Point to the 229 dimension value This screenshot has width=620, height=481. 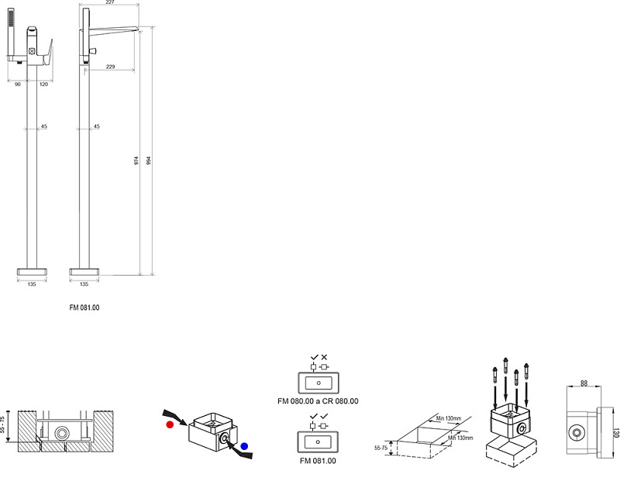coord(110,67)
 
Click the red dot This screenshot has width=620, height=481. coord(168,424)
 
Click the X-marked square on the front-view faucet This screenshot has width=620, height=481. coord(33,51)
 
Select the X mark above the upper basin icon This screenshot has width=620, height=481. coord(324,356)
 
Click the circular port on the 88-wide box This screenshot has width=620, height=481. coord(577,432)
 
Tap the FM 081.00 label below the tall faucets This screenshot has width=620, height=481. coord(84,307)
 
